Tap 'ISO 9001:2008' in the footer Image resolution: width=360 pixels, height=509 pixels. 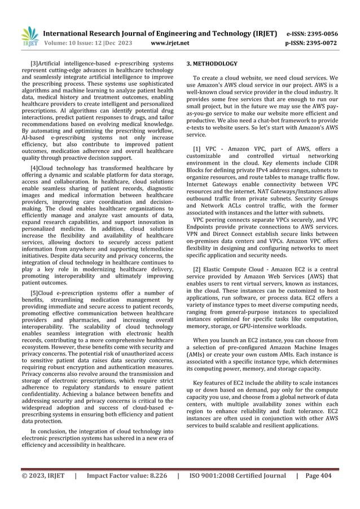(x=213, y=475)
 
